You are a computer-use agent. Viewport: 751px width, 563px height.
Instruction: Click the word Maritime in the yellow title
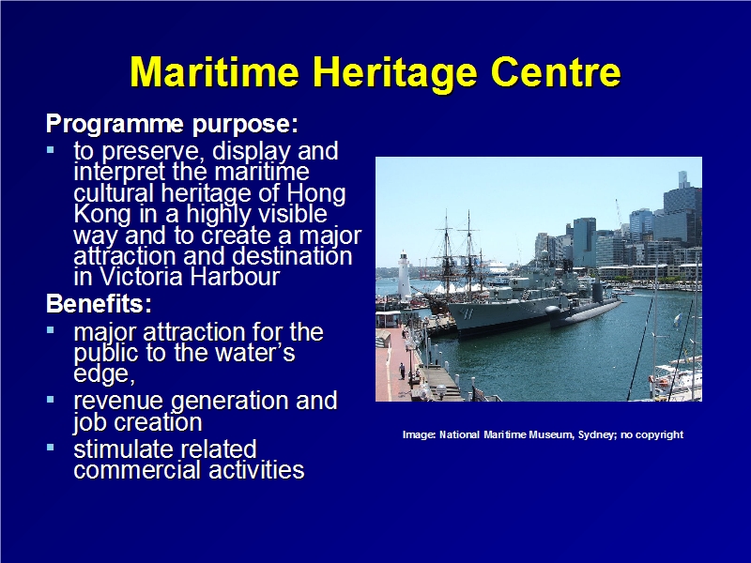[x=215, y=72]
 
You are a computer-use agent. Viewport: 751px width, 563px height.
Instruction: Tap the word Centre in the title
[x=556, y=72]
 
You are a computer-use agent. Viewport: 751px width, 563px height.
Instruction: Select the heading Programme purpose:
[x=173, y=125]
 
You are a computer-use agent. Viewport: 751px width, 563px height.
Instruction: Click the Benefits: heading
[x=99, y=304]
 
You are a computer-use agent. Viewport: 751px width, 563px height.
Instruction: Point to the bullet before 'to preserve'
[x=51, y=150]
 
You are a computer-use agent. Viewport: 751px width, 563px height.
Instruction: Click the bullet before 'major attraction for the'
[x=51, y=330]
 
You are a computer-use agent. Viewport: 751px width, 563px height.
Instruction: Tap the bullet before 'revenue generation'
[x=51, y=399]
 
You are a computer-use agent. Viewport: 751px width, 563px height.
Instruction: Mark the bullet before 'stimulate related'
[x=51, y=448]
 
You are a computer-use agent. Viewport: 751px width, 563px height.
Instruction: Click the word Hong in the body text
[x=316, y=194]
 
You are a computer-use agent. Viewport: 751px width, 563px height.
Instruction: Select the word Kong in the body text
[x=102, y=215]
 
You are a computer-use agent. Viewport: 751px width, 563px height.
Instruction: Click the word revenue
[x=118, y=402]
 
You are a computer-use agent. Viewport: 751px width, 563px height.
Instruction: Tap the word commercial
[x=137, y=470]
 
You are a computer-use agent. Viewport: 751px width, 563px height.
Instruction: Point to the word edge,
[x=104, y=374]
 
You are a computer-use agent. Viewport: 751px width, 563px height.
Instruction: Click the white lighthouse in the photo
[x=404, y=274]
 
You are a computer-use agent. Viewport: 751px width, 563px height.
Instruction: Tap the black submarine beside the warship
[x=585, y=309]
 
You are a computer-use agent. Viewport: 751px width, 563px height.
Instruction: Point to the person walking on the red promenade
[x=403, y=371]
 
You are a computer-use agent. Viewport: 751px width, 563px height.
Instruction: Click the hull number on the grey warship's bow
[x=467, y=314]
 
